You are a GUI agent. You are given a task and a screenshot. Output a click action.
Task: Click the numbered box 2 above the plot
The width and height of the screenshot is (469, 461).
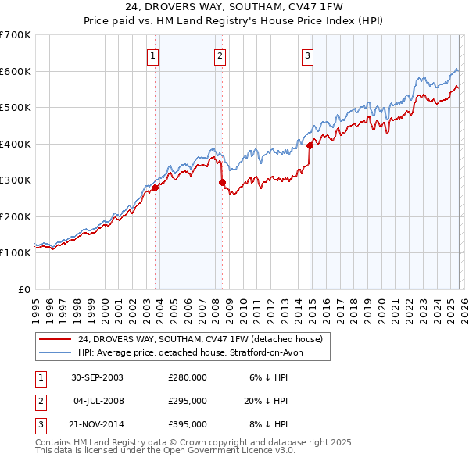pos(220,55)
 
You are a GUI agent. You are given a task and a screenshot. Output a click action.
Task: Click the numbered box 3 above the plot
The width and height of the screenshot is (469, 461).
pos(308,55)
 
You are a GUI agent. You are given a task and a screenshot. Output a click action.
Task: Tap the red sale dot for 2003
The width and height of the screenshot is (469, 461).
pos(156,188)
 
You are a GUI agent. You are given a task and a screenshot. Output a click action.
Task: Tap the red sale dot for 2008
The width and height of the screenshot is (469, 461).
pos(222,182)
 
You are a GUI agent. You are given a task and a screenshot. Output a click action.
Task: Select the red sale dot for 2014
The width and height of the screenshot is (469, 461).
pos(310,145)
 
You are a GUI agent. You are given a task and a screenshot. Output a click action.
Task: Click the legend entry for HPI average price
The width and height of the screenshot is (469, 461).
pos(195,352)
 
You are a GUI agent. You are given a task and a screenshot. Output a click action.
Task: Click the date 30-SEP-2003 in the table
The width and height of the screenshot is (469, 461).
pos(97,377)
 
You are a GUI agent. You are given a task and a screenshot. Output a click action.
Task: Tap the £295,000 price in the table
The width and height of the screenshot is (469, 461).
pos(188,401)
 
